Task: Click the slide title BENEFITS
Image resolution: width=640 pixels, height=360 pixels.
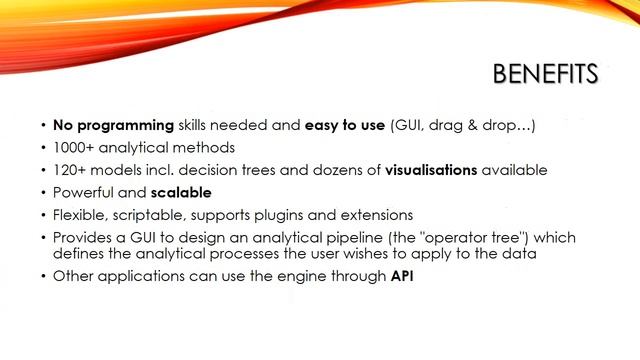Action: pos(545,75)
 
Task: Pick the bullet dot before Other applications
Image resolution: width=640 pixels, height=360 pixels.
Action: pos(43,276)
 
